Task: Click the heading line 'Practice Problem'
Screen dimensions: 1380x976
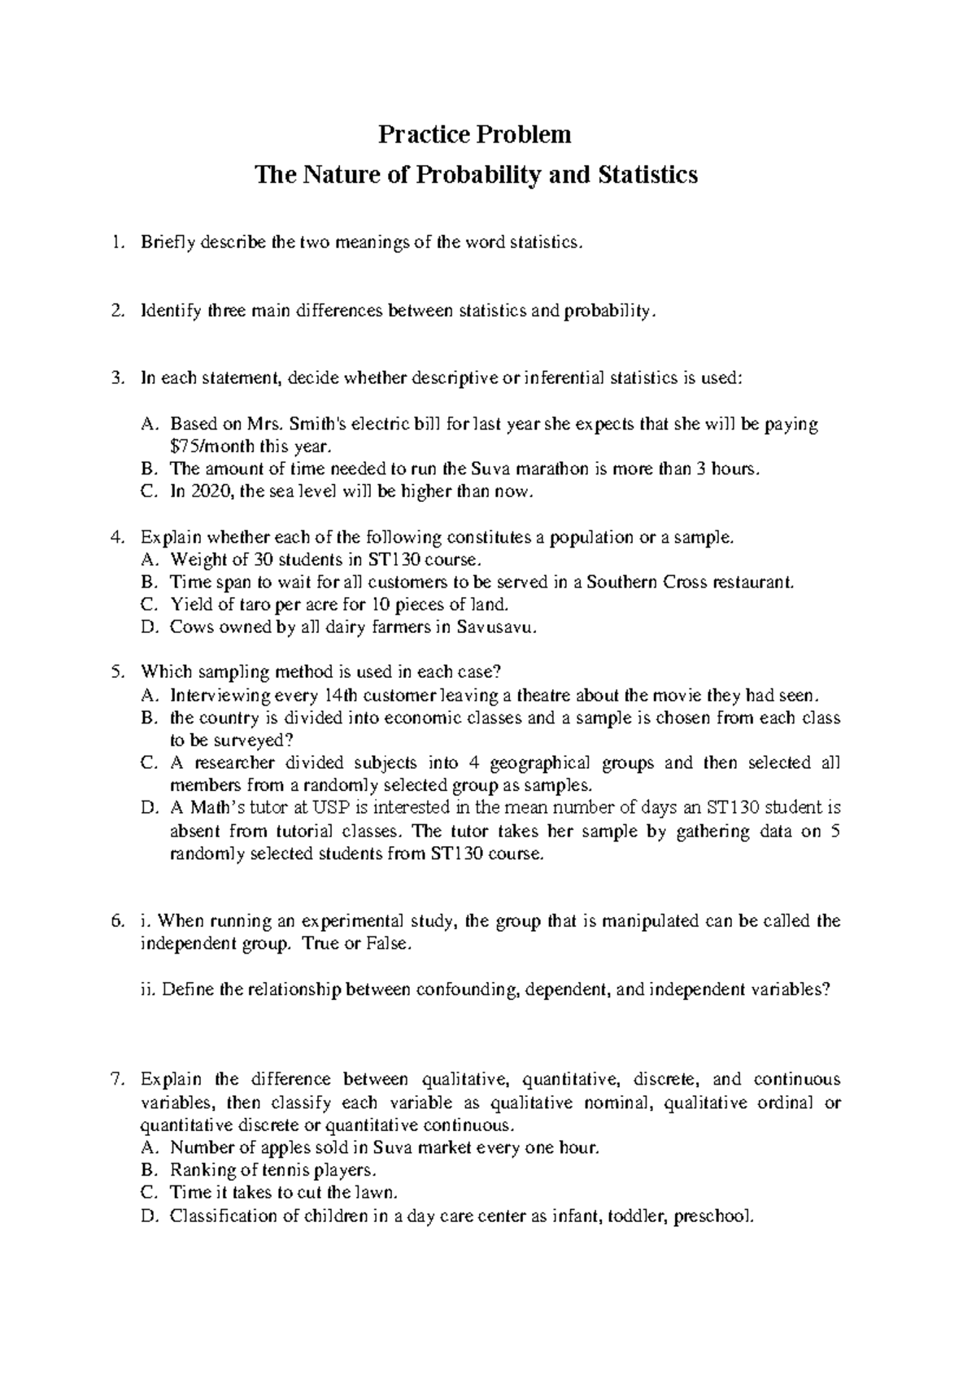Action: pyautogui.click(x=475, y=134)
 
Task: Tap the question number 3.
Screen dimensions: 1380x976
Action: pyautogui.click(x=120, y=378)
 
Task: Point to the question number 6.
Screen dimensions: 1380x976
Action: pyautogui.click(x=119, y=921)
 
